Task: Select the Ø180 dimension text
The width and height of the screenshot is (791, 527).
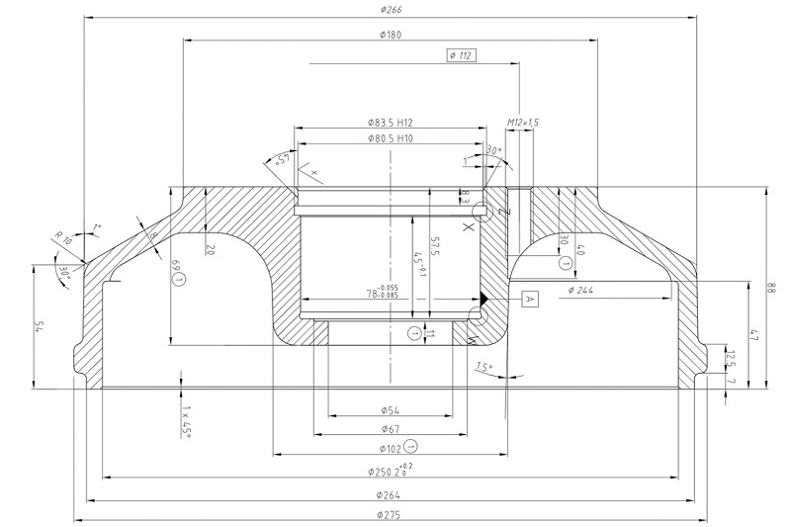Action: tap(389, 36)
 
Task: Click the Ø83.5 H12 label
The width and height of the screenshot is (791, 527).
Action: tap(389, 123)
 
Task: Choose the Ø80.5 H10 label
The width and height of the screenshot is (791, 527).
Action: tap(389, 139)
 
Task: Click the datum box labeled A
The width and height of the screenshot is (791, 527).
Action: tap(528, 298)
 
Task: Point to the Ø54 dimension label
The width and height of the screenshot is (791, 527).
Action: tap(389, 410)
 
